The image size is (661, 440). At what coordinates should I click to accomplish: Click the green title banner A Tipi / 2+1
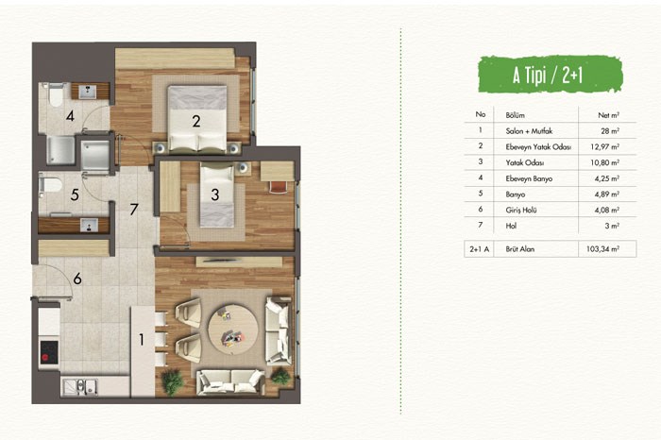[x=551, y=75]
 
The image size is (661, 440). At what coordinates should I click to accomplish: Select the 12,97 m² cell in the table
[x=605, y=146]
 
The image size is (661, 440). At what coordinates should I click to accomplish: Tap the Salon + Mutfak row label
[x=529, y=131]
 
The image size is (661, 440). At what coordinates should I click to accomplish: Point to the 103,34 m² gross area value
[x=602, y=248]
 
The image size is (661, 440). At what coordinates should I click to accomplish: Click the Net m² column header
[x=609, y=115]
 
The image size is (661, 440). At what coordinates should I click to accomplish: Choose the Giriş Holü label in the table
[x=521, y=210]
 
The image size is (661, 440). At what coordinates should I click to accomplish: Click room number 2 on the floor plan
[x=196, y=122]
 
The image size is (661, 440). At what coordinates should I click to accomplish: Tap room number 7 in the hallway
[x=134, y=209]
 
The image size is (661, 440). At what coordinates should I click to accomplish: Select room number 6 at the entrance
[x=77, y=279]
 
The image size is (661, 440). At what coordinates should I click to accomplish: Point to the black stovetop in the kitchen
[x=49, y=352]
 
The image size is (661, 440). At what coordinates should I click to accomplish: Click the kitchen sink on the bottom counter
[x=80, y=386]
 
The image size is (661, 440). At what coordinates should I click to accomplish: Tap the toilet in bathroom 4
[x=55, y=94]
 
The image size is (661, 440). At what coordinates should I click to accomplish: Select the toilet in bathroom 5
[x=50, y=185]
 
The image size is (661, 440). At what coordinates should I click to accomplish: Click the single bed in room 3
[x=216, y=195]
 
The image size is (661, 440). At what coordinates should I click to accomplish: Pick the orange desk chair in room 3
[x=278, y=187]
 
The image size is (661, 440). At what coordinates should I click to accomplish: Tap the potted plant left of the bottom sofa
[x=173, y=381]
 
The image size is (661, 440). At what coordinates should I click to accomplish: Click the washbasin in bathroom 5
[x=89, y=226]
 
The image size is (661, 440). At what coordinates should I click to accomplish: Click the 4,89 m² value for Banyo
[x=607, y=195]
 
